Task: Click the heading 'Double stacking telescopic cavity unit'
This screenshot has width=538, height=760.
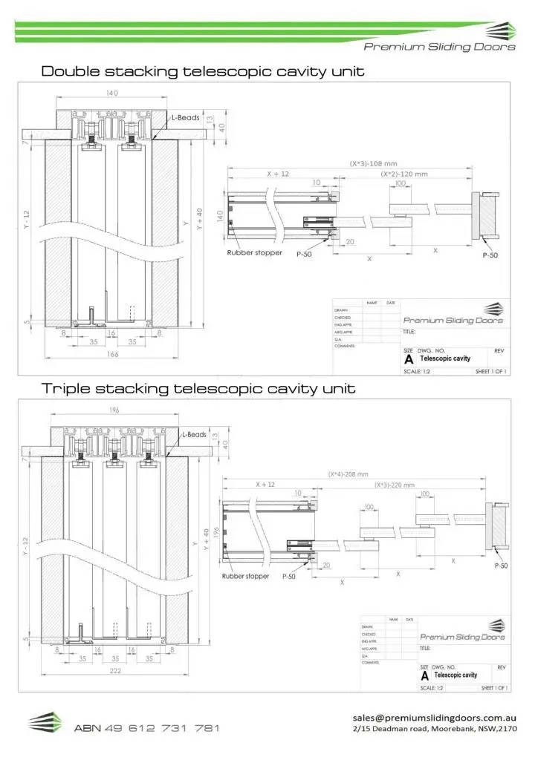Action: click(202, 72)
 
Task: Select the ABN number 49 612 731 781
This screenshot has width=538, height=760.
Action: click(146, 728)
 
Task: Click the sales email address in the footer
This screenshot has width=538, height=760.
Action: click(434, 718)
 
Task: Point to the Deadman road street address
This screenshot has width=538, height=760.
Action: click(434, 730)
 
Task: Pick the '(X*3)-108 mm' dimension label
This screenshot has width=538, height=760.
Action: click(373, 163)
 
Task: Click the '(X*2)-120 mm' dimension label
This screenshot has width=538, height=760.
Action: click(404, 174)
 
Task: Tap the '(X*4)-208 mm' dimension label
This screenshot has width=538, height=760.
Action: click(354, 474)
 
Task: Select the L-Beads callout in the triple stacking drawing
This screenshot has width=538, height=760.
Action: click(194, 435)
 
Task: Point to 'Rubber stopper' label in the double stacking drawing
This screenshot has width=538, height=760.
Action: click(254, 253)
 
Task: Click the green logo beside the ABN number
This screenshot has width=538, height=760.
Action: click(45, 723)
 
